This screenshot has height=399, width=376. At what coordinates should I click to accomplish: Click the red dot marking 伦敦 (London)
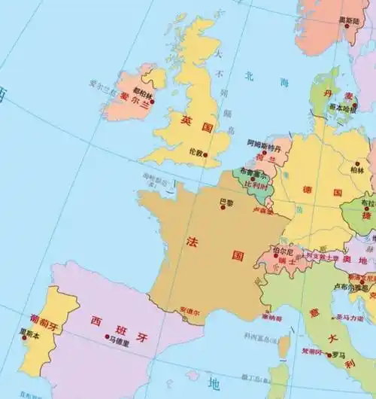point(205,154)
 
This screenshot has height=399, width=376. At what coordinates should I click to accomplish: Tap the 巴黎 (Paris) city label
point(226,201)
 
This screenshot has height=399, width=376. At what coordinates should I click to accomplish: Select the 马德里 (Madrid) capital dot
point(107,337)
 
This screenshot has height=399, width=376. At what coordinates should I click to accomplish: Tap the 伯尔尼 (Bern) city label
point(282,250)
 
